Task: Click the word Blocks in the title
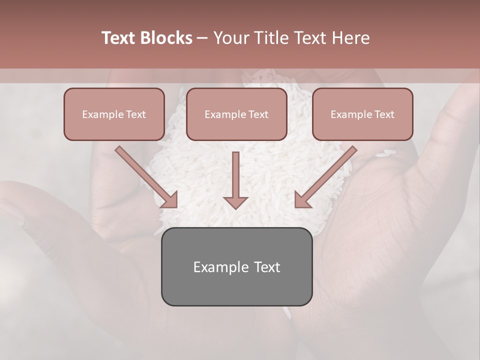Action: (166, 38)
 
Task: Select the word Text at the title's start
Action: (119, 38)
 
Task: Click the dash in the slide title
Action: (203, 38)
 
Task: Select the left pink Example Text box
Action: (114, 114)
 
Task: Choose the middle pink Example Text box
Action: (236, 114)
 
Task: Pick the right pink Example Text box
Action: (362, 114)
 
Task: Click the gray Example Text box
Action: (236, 266)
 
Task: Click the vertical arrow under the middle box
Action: (235, 180)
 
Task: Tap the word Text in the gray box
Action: (267, 267)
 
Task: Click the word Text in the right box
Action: (384, 114)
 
